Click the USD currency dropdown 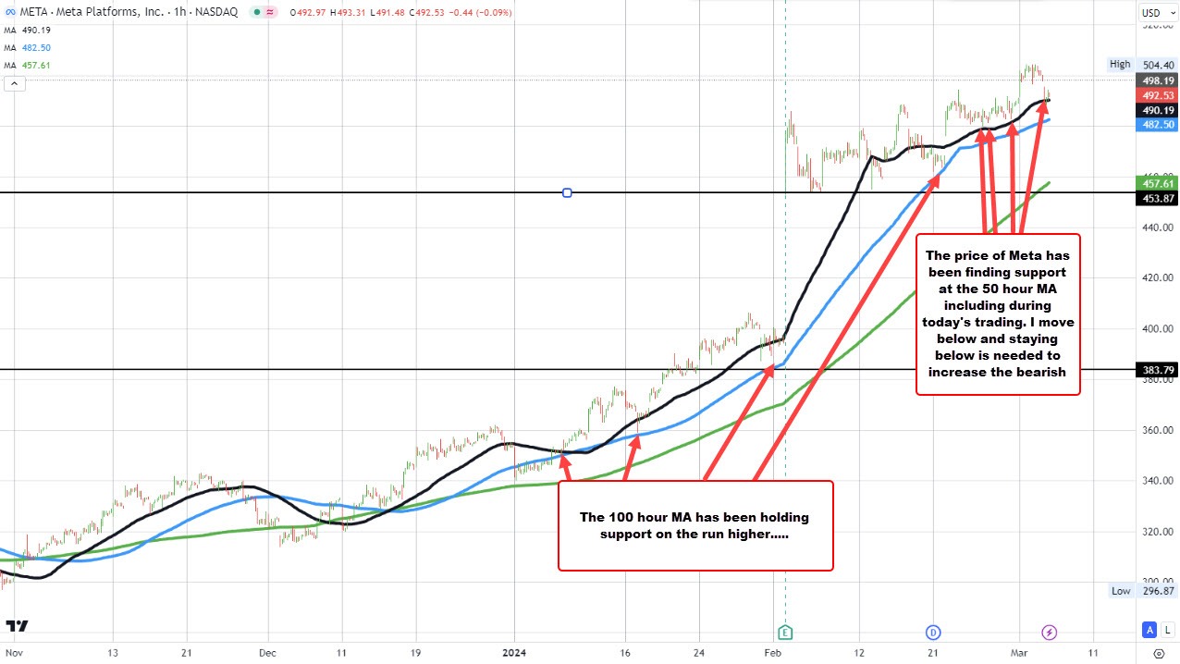1151,12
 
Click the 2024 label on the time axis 514,651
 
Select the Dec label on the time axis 267,651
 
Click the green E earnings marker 785,633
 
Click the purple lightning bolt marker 1049,633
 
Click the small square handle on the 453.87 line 567,192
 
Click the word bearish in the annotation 1033,372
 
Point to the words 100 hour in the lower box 643,517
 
